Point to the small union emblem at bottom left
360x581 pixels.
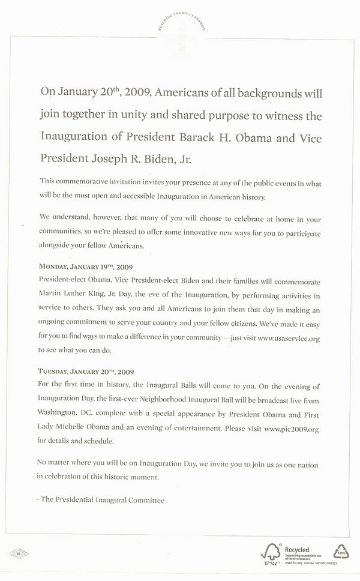tap(15, 553)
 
